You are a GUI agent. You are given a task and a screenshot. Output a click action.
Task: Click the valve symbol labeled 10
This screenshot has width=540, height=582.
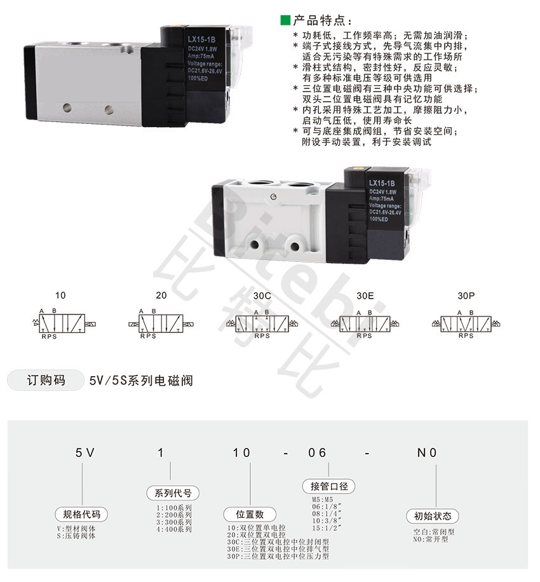60,322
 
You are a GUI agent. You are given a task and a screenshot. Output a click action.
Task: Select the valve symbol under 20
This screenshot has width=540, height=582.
161,322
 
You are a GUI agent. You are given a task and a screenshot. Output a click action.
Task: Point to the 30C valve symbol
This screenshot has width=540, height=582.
262,322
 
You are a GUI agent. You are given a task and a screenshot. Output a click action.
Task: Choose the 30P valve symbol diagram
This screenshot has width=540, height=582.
465,322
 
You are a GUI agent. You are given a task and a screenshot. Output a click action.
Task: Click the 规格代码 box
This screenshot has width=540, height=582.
81,514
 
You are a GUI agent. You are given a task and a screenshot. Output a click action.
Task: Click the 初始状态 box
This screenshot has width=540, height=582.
433,515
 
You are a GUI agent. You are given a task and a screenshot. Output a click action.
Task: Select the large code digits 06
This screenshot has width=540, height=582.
318,452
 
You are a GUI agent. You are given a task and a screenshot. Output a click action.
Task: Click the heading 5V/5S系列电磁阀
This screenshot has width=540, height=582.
141,381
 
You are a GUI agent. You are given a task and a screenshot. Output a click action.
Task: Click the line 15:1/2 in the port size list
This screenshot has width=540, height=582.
323,527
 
